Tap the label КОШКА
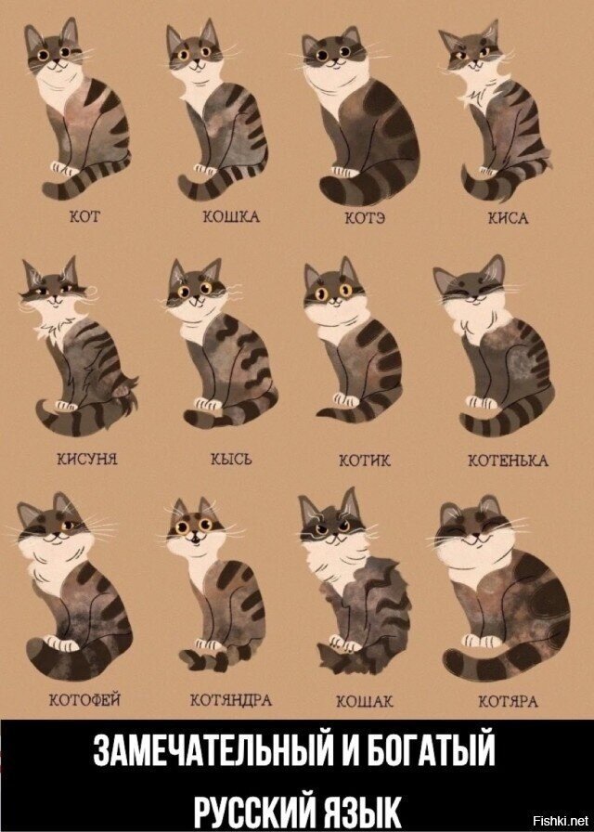pyautogui.click(x=231, y=218)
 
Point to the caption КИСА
pyautogui.click(x=508, y=218)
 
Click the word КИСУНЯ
pyautogui.click(x=84, y=460)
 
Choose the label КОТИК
pyautogui.click(x=358, y=460)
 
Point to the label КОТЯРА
pyautogui.click(x=508, y=699)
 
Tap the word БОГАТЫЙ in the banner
pyautogui.click(x=437, y=750)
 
